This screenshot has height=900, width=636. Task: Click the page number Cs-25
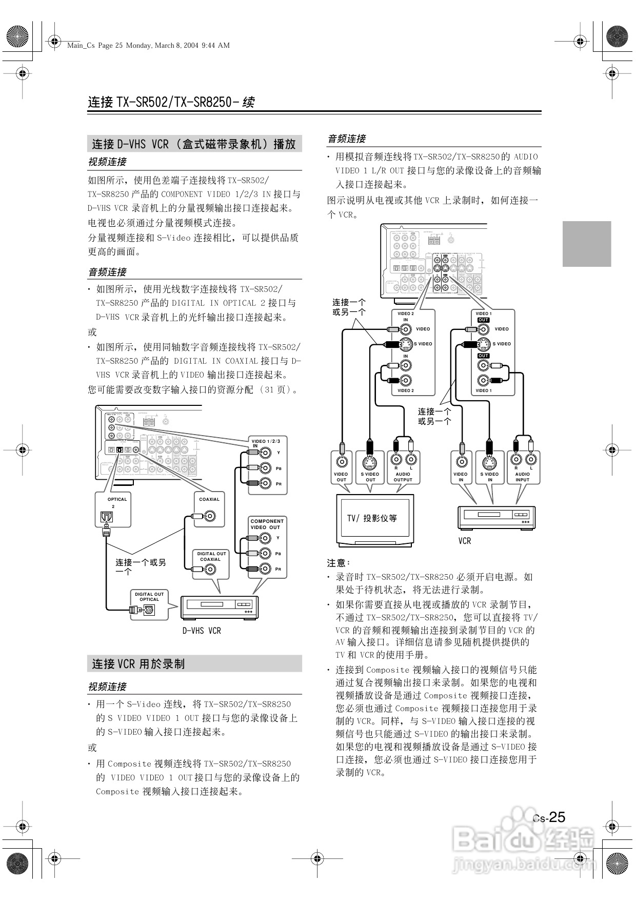[x=549, y=817]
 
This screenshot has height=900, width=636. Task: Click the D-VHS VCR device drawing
[x=219, y=608]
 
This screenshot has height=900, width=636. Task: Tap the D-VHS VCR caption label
[x=202, y=631]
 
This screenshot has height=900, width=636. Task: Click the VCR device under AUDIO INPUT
[x=496, y=517]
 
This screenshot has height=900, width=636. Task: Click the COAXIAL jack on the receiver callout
[x=209, y=516]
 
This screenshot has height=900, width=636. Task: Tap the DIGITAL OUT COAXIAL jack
[x=209, y=569]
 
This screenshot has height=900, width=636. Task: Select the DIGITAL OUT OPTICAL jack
[x=149, y=610]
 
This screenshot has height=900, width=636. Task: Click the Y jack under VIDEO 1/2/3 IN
[x=265, y=453]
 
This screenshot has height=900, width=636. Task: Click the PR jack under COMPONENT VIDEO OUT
[x=265, y=569]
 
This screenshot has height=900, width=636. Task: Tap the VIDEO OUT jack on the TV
[x=341, y=461]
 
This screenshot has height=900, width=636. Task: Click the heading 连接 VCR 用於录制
[x=138, y=664]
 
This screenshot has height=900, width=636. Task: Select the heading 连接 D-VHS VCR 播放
[x=194, y=144]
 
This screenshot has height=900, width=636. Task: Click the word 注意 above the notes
[x=338, y=563]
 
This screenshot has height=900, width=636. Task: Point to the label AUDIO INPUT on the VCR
[x=522, y=477]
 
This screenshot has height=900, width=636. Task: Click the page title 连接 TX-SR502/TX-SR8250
[x=171, y=102]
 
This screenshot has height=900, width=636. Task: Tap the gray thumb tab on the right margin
[x=587, y=244]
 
